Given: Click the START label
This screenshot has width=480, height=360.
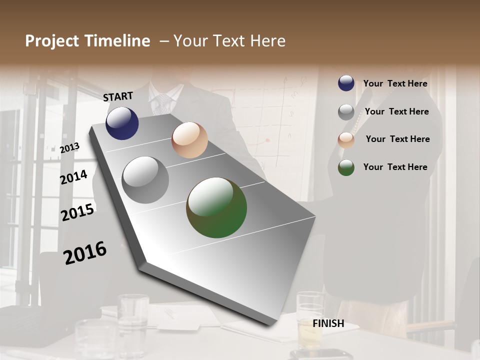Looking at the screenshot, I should point(118,96).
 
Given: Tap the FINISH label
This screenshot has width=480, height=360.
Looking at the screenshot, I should point(328,323).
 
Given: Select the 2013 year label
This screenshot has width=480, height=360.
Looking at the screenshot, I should point(69,147).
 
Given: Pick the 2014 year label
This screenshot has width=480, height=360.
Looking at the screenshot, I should point(73,177).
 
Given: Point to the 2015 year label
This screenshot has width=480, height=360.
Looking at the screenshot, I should point(77,212).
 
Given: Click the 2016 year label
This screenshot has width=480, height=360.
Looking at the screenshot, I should point(85,252).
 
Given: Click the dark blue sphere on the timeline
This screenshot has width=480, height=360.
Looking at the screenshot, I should point(122,123).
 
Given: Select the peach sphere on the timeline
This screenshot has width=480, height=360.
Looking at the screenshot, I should point(189,140).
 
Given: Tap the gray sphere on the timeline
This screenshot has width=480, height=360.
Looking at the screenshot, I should point(145,180).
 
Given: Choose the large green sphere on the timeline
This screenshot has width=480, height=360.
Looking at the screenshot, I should point(216,207).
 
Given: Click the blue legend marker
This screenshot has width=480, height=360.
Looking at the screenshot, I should point(346,83).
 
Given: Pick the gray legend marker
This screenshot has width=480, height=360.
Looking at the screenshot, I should point(346,112).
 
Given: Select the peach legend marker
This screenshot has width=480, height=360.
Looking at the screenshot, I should point(346,139).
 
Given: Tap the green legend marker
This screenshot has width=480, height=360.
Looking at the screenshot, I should point(346,167).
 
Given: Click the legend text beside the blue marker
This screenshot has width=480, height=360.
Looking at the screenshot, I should point(395,83).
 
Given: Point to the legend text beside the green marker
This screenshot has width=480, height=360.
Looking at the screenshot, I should point(395,167).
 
